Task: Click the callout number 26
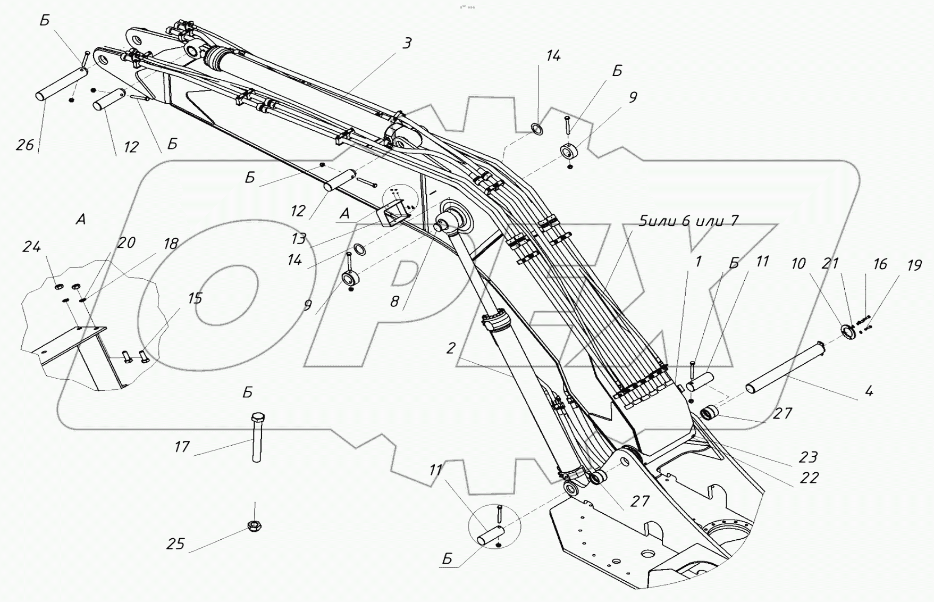point(24,145)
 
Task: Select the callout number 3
point(407,44)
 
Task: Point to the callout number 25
point(175,544)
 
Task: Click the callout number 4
point(869,392)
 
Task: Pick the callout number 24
point(31,247)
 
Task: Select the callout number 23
point(808,457)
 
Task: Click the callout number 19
point(914,264)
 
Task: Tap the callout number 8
point(394,302)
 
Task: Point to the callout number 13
point(299,239)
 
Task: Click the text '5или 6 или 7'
point(688,220)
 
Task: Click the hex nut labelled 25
point(255,526)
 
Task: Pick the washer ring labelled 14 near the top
point(537,128)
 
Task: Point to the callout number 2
point(451,348)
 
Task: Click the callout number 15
point(195,298)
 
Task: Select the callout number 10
point(798,264)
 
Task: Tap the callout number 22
point(809,478)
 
